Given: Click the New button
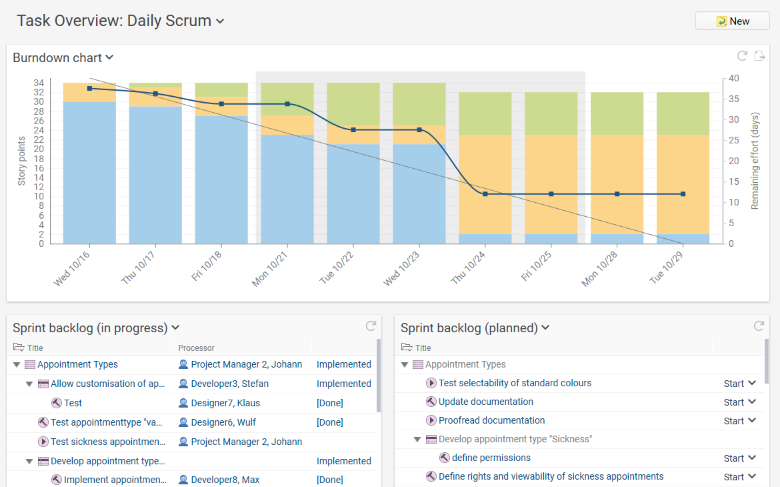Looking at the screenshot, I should (x=732, y=21).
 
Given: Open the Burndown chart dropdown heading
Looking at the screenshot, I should (x=63, y=58).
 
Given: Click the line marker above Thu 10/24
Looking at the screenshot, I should (x=485, y=194).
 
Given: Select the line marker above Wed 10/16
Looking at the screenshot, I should (x=89, y=88).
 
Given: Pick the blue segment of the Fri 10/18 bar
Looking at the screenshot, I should (x=221, y=180).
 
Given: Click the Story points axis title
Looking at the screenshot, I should (x=21, y=161).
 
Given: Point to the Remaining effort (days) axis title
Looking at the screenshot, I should (x=755, y=161).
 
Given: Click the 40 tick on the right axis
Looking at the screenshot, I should (x=734, y=78).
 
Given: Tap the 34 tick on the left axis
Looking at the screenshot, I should (x=39, y=83).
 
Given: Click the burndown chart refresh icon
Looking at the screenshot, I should (x=742, y=56).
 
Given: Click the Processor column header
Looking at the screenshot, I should (x=197, y=348).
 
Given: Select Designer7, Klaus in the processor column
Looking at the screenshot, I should (x=225, y=403).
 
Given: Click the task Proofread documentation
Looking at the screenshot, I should (x=491, y=420).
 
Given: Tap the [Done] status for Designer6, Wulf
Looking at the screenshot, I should (x=330, y=422).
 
